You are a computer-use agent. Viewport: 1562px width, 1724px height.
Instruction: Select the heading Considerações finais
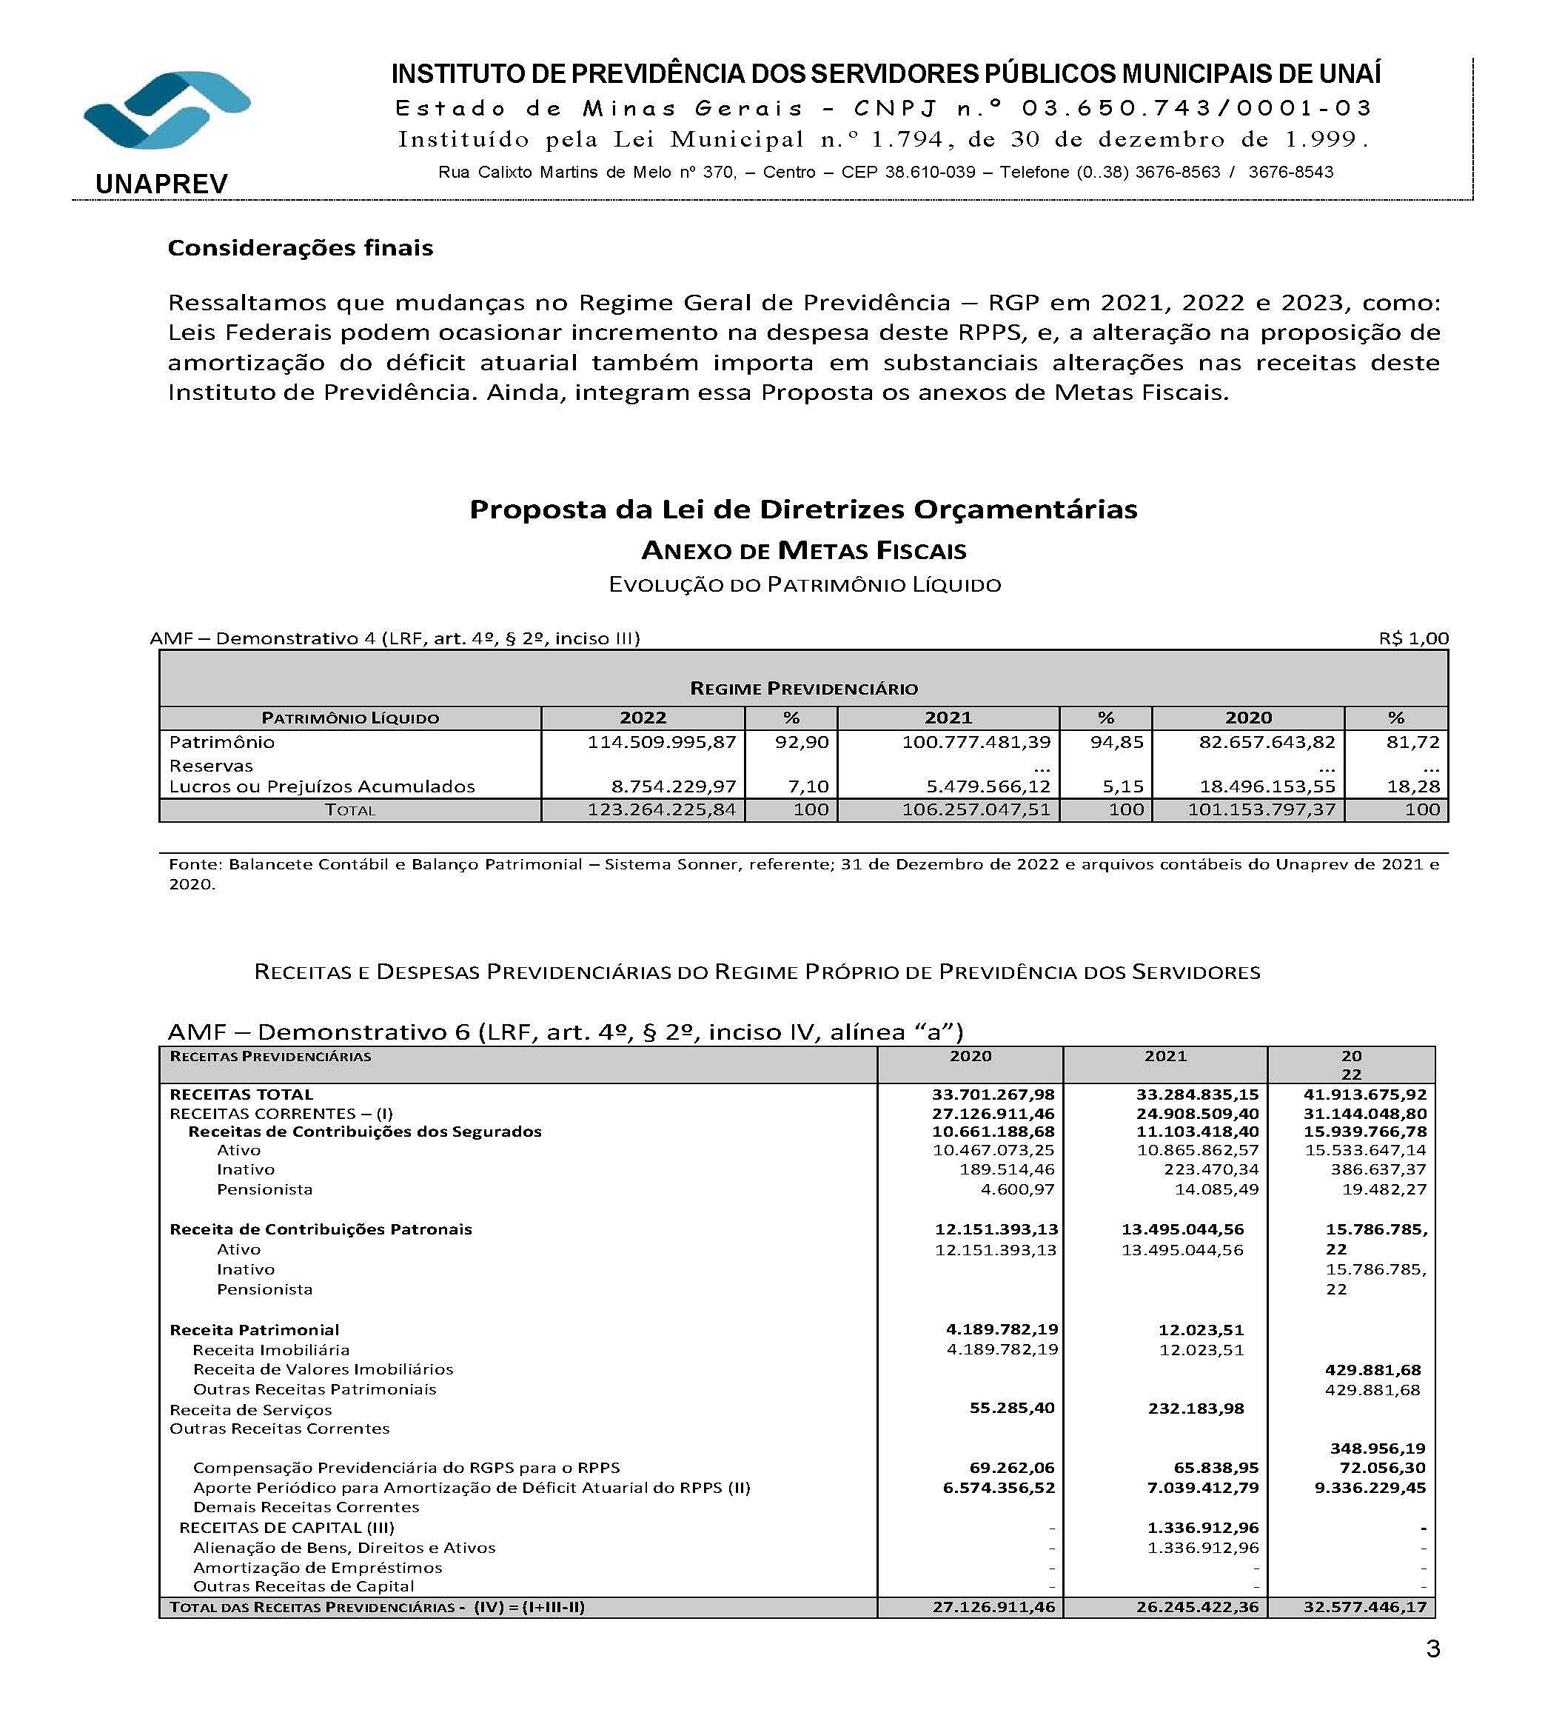300,248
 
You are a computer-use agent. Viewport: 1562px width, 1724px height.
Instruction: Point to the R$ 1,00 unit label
1413,638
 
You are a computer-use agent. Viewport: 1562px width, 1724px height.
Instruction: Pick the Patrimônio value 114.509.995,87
661,742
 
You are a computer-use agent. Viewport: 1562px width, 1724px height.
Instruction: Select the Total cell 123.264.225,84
661,809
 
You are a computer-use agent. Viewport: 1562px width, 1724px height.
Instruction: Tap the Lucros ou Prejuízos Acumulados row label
321,786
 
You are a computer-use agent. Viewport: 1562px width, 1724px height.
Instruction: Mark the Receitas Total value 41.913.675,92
1364,1095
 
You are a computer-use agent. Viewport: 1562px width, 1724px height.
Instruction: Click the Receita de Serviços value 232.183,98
1196,1409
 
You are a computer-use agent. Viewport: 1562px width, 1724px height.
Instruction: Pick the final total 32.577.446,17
1364,1607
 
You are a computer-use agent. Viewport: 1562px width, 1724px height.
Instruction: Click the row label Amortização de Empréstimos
317,1568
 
